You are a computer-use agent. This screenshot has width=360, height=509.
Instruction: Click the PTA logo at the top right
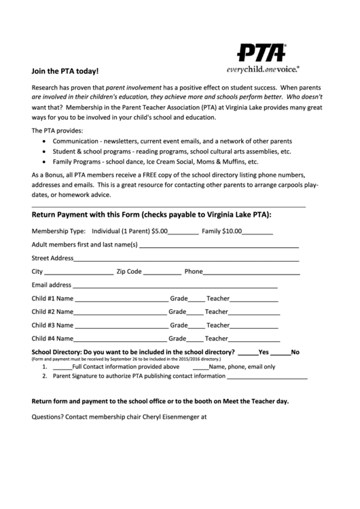pos(261,52)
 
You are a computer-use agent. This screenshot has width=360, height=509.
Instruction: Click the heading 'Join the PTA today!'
pos(65,71)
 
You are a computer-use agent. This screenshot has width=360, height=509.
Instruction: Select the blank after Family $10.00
pos(257,232)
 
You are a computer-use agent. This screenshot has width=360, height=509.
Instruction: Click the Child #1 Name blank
pos(121,299)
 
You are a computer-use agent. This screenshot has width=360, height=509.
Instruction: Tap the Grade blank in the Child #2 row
pos(195,313)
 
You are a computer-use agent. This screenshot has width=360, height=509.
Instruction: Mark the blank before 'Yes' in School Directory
pos(248,353)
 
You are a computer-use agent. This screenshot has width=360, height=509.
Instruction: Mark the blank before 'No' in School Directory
pos(281,353)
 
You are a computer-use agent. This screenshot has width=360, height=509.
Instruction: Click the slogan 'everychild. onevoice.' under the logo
pos(262,69)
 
